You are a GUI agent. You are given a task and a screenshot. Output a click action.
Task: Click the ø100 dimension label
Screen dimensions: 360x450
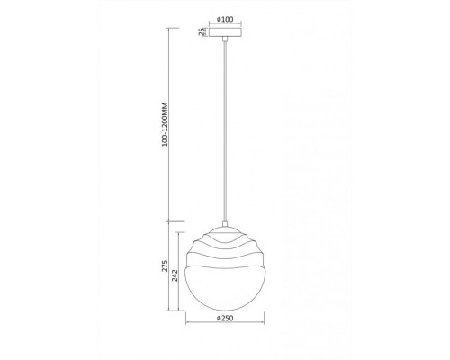coord(225,18)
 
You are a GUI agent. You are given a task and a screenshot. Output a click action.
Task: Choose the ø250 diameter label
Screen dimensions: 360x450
coord(225,337)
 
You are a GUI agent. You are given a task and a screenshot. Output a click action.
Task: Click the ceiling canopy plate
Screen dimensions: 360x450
coord(225,33)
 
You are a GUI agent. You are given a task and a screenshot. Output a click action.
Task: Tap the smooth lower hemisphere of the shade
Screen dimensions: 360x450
coord(225,297)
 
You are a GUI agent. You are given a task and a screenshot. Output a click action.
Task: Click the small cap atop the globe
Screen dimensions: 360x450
coord(225,223)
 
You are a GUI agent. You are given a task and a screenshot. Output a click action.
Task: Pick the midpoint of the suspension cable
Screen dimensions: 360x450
coord(225,130)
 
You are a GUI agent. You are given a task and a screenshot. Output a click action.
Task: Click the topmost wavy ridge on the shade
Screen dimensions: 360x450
coord(225,231)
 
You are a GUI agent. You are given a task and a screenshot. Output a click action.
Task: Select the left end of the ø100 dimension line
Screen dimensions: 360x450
coord(209,24)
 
